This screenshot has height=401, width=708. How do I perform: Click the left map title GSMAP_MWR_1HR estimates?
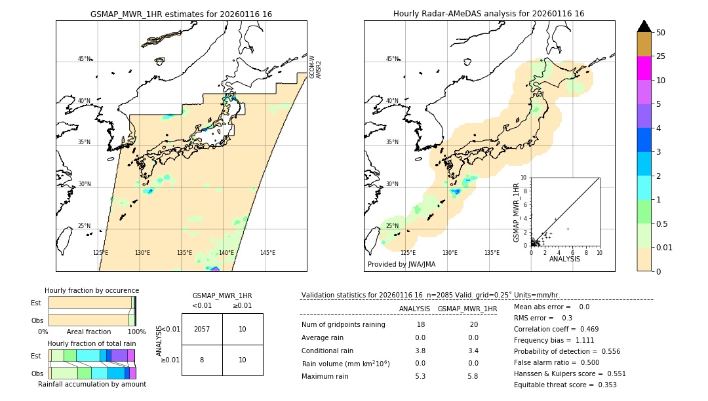pyautogui.click(x=181, y=14)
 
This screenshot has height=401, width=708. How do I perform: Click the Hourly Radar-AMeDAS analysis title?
pyautogui.click(x=488, y=14)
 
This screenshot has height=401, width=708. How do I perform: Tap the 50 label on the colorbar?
pyautogui.click(x=661, y=33)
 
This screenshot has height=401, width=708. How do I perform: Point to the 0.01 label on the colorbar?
pyautogui.click(x=665, y=248)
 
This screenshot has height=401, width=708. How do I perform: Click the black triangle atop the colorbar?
pyautogui.click(x=644, y=26)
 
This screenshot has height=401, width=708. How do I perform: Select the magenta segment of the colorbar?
pyautogui.click(x=644, y=68)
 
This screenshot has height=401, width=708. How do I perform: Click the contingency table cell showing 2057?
pyautogui.click(x=202, y=329)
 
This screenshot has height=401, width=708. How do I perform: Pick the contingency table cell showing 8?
pyautogui.click(x=202, y=359)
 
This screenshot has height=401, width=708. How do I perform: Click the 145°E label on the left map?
pyautogui.click(x=267, y=253)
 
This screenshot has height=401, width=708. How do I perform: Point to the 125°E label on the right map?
pyautogui.click(x=408, y=253)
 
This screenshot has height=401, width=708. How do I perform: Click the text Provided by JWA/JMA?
pyautogui.click(x=401, y=265)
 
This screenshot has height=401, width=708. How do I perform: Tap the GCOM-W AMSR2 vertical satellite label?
pyautogui.click(x=315, y=67)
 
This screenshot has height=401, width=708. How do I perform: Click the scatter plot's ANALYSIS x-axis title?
pyautogui.click(x=564, y=259)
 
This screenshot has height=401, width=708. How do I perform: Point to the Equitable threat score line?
pyautogui.click(x=565, y=385)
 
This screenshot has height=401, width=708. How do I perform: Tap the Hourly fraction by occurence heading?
pyautogui.click(x=92, y=290)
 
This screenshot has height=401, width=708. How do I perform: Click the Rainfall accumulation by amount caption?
pyautogui.click(x=92, y=384)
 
